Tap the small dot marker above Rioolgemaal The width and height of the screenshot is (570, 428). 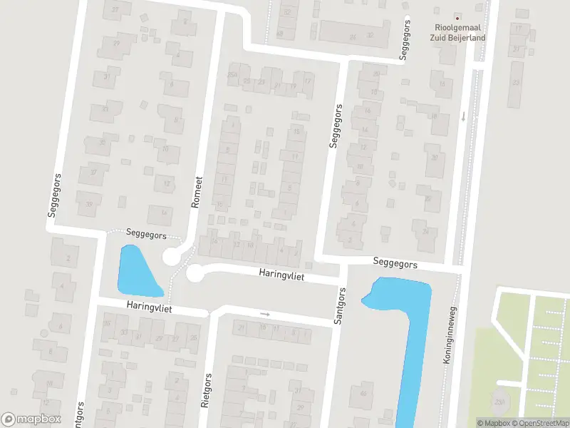457,16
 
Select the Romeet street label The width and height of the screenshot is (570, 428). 197,192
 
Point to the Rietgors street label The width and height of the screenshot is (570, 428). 207,391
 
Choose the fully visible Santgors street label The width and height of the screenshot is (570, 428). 340,307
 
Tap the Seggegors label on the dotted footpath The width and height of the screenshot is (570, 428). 146,234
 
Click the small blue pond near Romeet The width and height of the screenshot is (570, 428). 137,271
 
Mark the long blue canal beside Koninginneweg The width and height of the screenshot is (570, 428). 411,335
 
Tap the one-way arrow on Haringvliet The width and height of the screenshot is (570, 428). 265,313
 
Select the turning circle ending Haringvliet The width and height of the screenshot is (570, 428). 195,273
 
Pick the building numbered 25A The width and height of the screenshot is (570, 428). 232,75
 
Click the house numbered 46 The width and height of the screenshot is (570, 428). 364,394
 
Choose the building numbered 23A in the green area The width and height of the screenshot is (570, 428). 500,403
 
